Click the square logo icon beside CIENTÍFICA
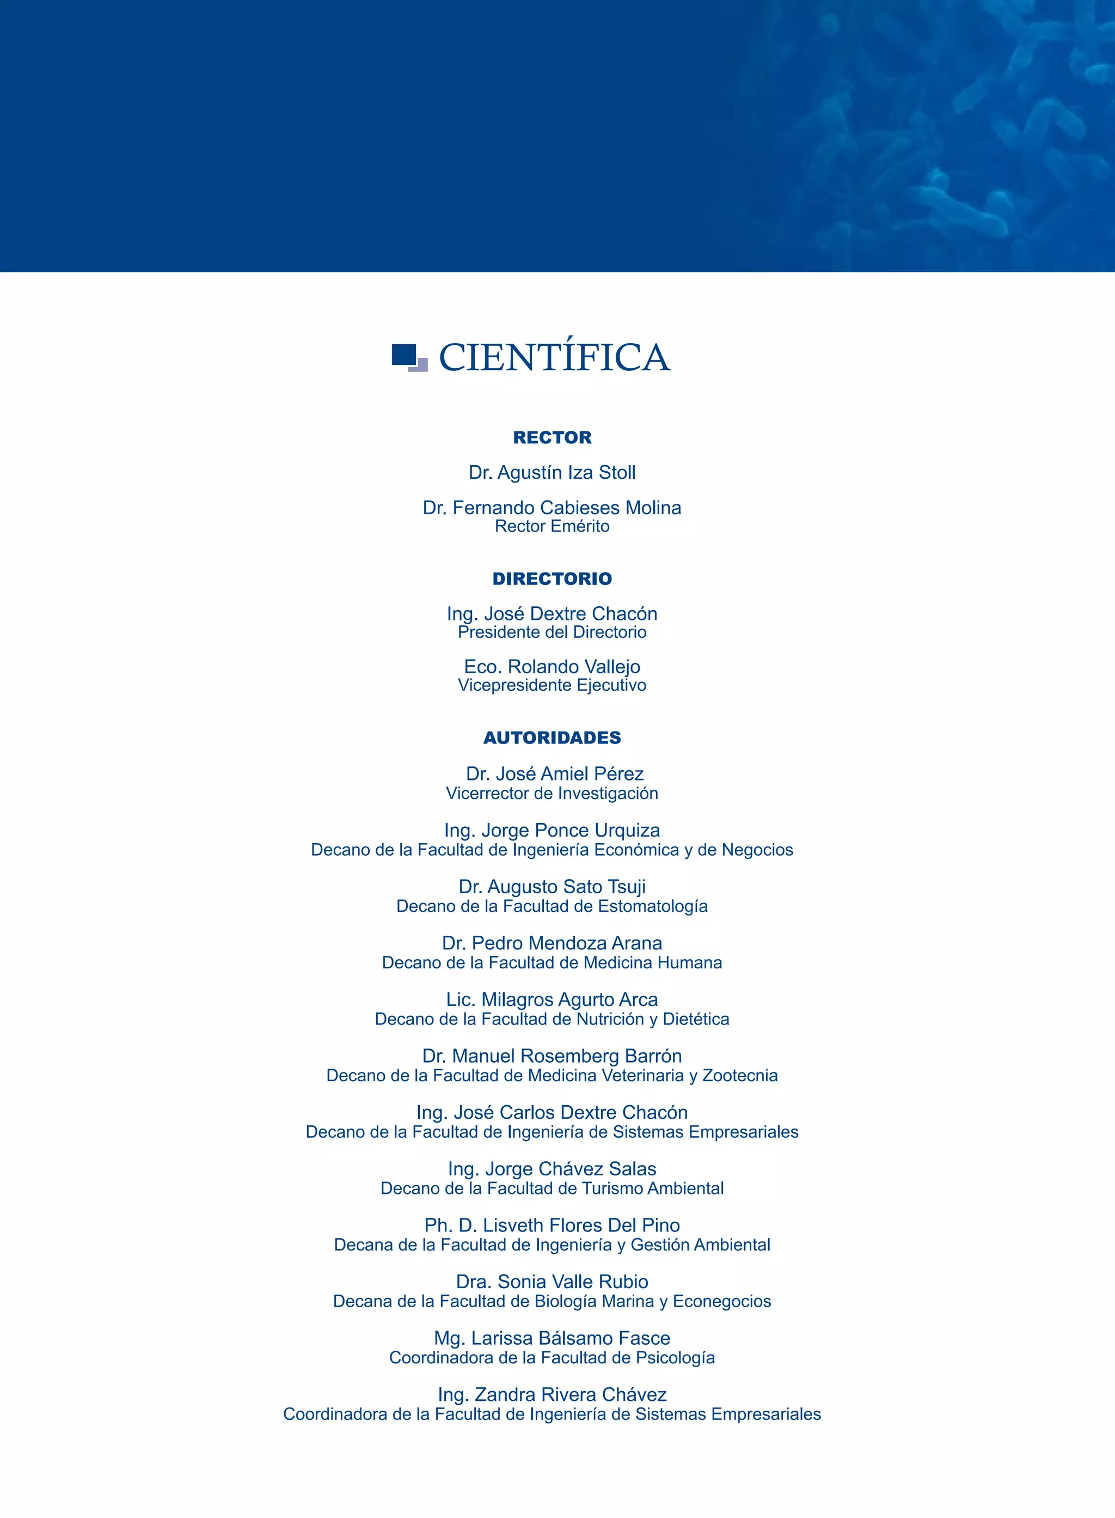pyautogui.click(x=409, y=357)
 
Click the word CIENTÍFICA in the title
pyautogui.click(x=554, y=357)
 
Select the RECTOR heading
pyautogui.click(x=552, y=437)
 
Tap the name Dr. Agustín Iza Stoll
pyautogui.click(x=552, y=473)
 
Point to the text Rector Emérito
pyautogui.click(x=552, y=526)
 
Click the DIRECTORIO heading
pyautogui.click(x=552, y=578)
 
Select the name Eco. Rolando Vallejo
pyautogui.click(x=552, y=667)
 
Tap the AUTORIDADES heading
pyautogui.click(x=552, y=737)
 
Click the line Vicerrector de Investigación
pyautogui.click(x=552, y=794)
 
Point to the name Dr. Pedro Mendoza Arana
pyautogui.click(x=552, y=943)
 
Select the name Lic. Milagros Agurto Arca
pyautogui.click(x=552, y=999)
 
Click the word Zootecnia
pyautogui.click(x=740, y=1075)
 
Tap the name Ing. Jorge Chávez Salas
pyautogui.click(x=552, y=1169)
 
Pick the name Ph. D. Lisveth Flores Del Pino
pyautogui.click(x=552, y=1225)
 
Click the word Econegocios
pyautogui.click(x=721, y=1301)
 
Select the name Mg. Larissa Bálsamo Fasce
pyautogui.click(x=552, y=1338)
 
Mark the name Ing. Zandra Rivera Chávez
pyautogui.click(x=552, y=1394)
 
